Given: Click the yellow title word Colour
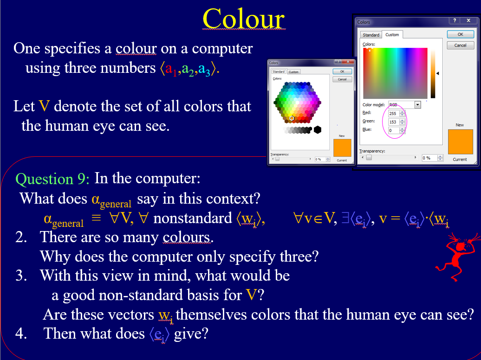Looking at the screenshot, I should point(243,19).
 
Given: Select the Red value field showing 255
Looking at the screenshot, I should point(393,114).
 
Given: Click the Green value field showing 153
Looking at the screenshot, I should point(393,122).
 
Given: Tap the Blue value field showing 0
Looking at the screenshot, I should point(393,130).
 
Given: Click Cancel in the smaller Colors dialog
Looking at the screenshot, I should point(342,79).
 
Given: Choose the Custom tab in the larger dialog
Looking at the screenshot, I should point(392,35).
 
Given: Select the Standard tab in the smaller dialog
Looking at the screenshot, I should point(279,72).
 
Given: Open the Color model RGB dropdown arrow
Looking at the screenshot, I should point(417,105).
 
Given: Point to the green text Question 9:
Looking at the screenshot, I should point(53,179).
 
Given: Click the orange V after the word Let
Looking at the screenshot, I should point(44,106).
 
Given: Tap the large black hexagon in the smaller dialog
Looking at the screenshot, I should point(318,129).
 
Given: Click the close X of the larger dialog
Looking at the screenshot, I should point(469,21).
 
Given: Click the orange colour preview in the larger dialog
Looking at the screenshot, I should point(460,141).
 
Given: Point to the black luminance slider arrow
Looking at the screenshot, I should point(437,73).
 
